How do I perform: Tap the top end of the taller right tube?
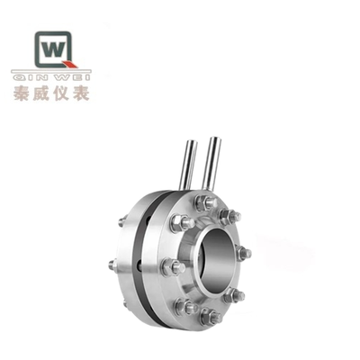click(x=214, y=139)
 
